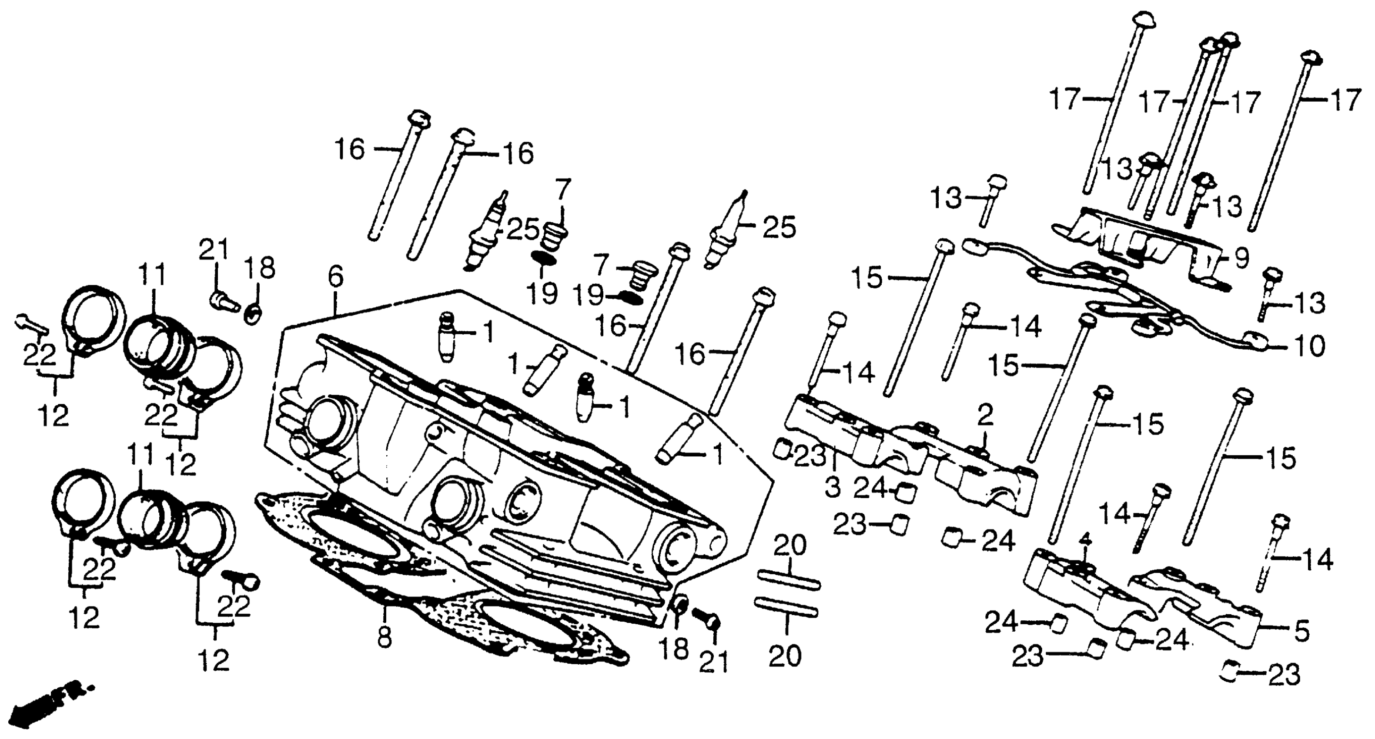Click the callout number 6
335,277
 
